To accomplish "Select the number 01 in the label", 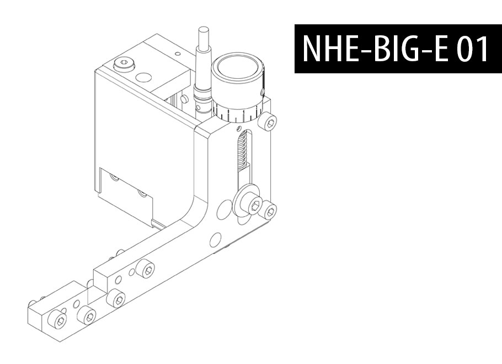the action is pyautogui.click(x=472, y=49).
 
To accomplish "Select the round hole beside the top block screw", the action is pyautogui.click(x=144, y=77).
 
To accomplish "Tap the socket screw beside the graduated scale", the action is pyautogui.click(x=269, y=121).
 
